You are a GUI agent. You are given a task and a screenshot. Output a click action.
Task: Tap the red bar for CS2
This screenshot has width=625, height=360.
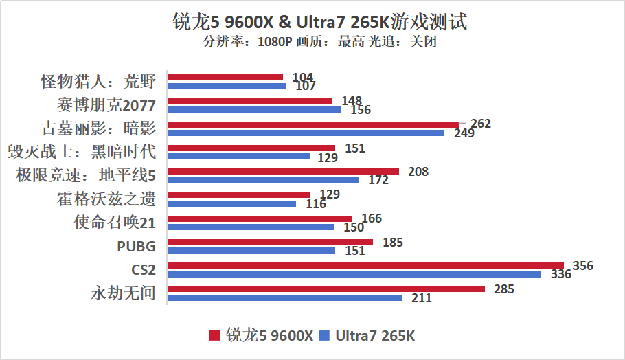click(365, 265)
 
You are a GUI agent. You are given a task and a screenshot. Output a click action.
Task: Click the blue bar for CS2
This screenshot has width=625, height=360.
click(354, 275)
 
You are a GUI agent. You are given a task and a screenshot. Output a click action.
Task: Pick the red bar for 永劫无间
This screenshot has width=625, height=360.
click(326, 289)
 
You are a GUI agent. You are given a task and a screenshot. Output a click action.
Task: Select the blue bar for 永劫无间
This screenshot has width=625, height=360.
click(284, 298)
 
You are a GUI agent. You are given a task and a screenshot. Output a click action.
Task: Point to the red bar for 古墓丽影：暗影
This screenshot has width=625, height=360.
click(313, 124)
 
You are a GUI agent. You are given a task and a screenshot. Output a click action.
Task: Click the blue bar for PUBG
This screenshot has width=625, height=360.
click(251, 251)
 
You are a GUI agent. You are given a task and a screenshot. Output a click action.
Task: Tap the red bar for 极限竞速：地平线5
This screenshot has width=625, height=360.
click(283, 171)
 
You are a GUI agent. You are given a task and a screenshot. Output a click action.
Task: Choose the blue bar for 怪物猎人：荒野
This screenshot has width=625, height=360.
click(227, 87)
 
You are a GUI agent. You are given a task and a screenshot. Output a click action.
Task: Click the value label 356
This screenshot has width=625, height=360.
click(582, 266)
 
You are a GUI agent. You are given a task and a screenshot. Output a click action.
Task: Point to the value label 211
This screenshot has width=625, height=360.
click(421, 298)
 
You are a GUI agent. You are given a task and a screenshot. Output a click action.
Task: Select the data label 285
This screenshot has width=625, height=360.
click(503, 289)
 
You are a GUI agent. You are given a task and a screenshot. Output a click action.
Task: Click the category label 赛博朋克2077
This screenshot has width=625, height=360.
click(107, 105)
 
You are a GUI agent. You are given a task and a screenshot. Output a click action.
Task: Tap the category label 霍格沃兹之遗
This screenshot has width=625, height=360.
click(107, 199)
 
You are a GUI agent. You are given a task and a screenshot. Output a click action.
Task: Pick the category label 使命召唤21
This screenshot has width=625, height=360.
click(115, 223)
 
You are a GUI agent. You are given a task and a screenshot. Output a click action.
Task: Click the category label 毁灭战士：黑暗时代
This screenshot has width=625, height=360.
click(82, 152)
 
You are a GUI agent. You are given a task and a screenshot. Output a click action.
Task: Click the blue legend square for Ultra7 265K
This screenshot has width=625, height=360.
click(324, 335)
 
